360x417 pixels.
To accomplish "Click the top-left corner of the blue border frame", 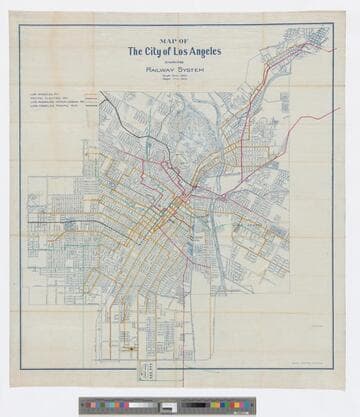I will click(19, 25).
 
